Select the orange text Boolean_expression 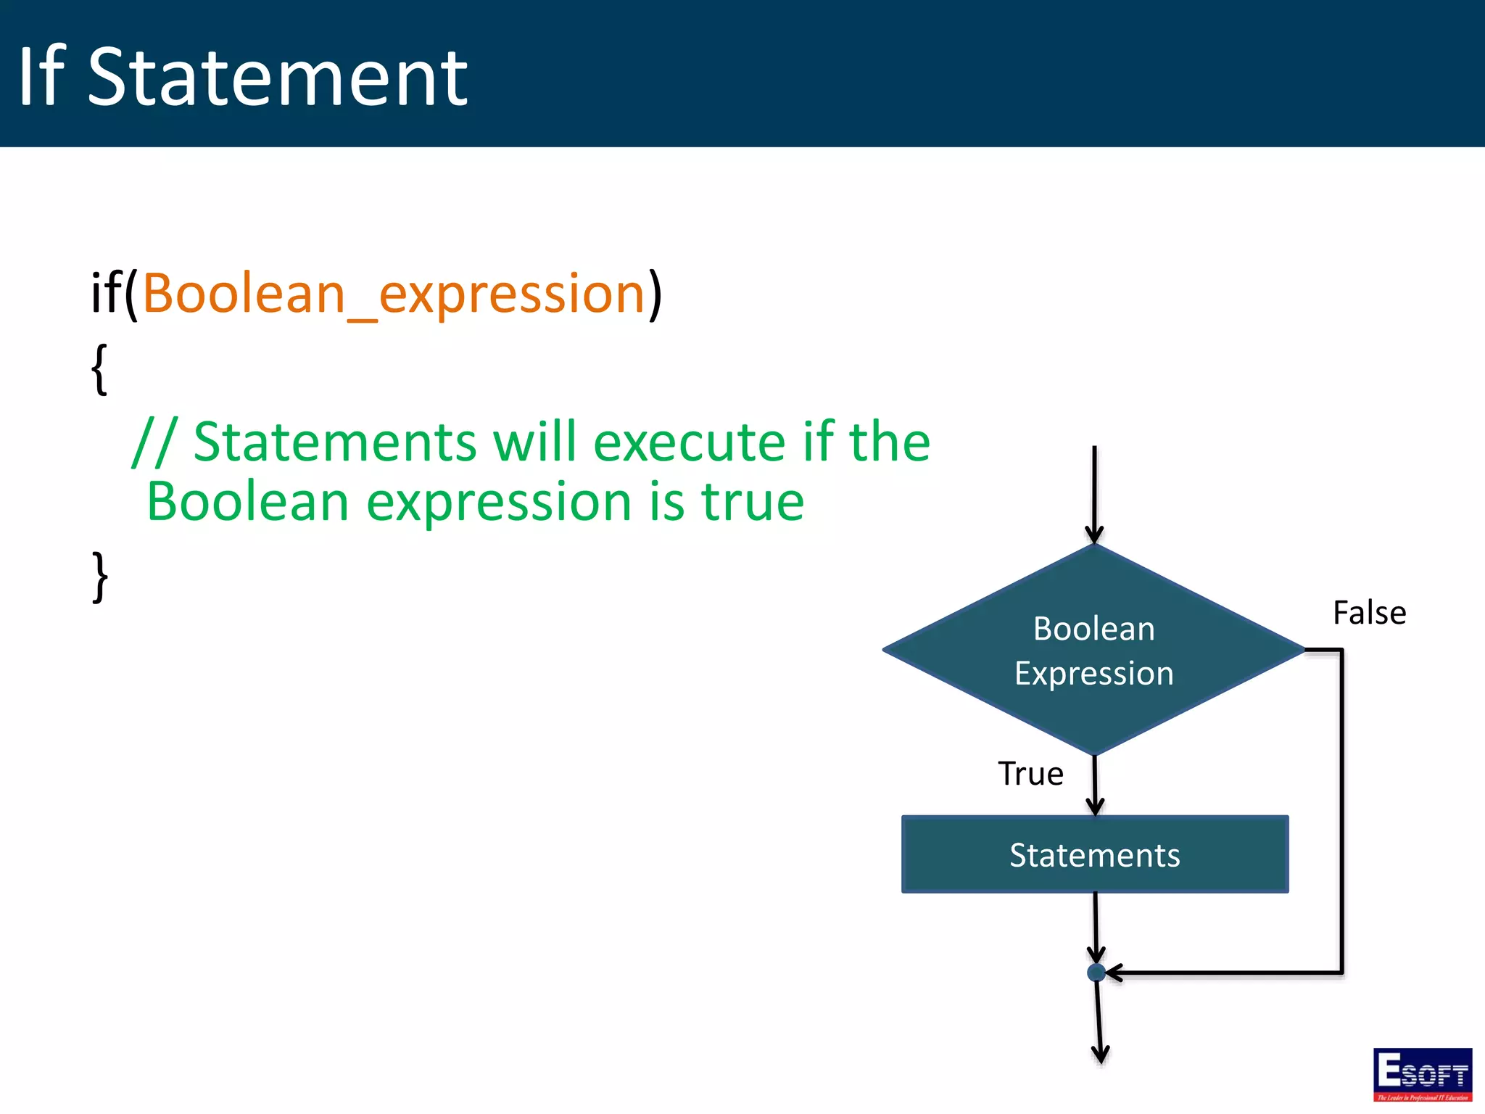(393, 294)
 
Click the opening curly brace (100, 369)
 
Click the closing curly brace (100, 577)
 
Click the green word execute (689, 442)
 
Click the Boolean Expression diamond (1093, 650)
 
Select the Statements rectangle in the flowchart (1094, 854)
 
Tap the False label (1369, 613)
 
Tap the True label (1030, 774)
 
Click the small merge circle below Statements (1096, 973)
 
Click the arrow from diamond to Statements (1095, 786)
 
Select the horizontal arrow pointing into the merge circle (1218, 973)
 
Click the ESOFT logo (1422, 1074)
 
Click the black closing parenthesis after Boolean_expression (655, 294)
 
